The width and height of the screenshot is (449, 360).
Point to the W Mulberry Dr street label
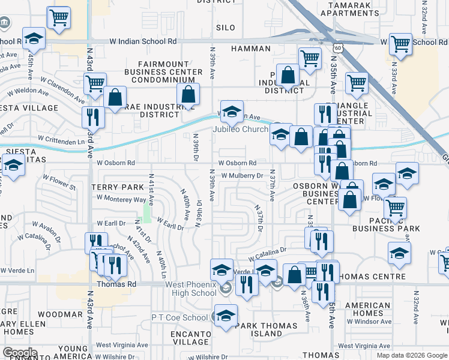(x=243, y=176)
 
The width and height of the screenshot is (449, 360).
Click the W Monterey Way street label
(x=121, y=199)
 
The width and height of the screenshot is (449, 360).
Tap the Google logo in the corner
(x=20, y=353)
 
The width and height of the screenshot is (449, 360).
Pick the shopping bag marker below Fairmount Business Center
(x=188, y=95)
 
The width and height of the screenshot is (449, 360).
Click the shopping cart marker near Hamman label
(x=310, y=59)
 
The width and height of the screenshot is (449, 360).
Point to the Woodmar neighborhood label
(x=60, y=314)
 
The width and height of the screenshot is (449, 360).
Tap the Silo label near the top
(x=226, y=28)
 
